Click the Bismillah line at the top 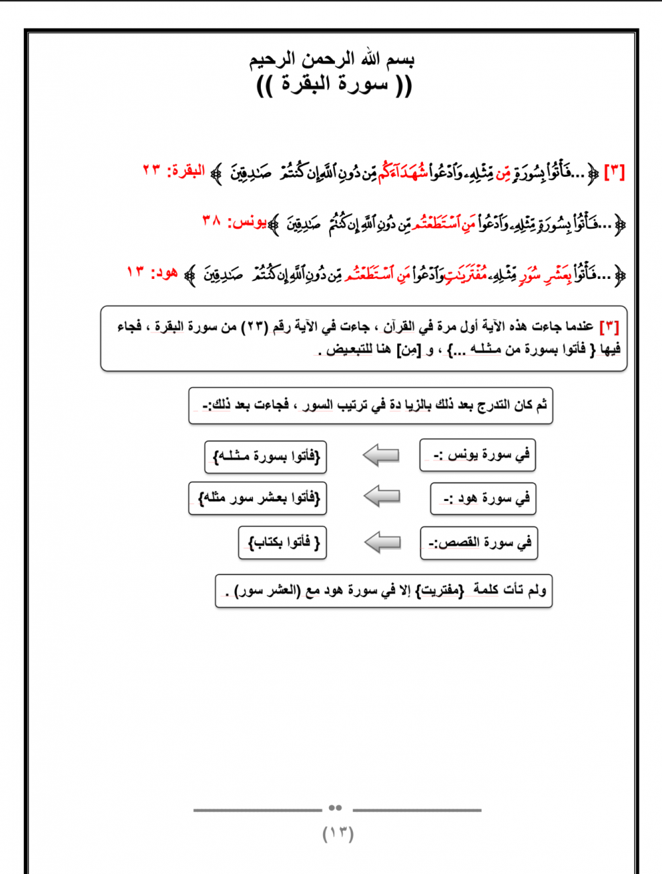[x=332, y=60]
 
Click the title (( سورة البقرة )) [x=334, y=85]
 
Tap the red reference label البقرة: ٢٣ [x=173, y=171]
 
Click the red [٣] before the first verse [x=614, y=172]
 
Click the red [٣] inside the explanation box [x=608, y=327]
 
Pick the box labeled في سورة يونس [x=477, y=455]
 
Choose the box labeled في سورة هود [x=483, y=498]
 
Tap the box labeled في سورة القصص [x=479, y=543]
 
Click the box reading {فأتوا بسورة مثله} [x=265, y=457]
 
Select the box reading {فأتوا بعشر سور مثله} [x=258, y=498]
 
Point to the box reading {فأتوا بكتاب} [x=283, y=543]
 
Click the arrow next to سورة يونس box [x=381, y=455]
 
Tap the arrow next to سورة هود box [x=382, y=496]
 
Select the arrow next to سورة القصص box [x=383, y=542]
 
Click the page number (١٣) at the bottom [x=338, y=833]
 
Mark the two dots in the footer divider [x=335, y=808]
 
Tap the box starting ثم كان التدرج [x=371, y=405]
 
